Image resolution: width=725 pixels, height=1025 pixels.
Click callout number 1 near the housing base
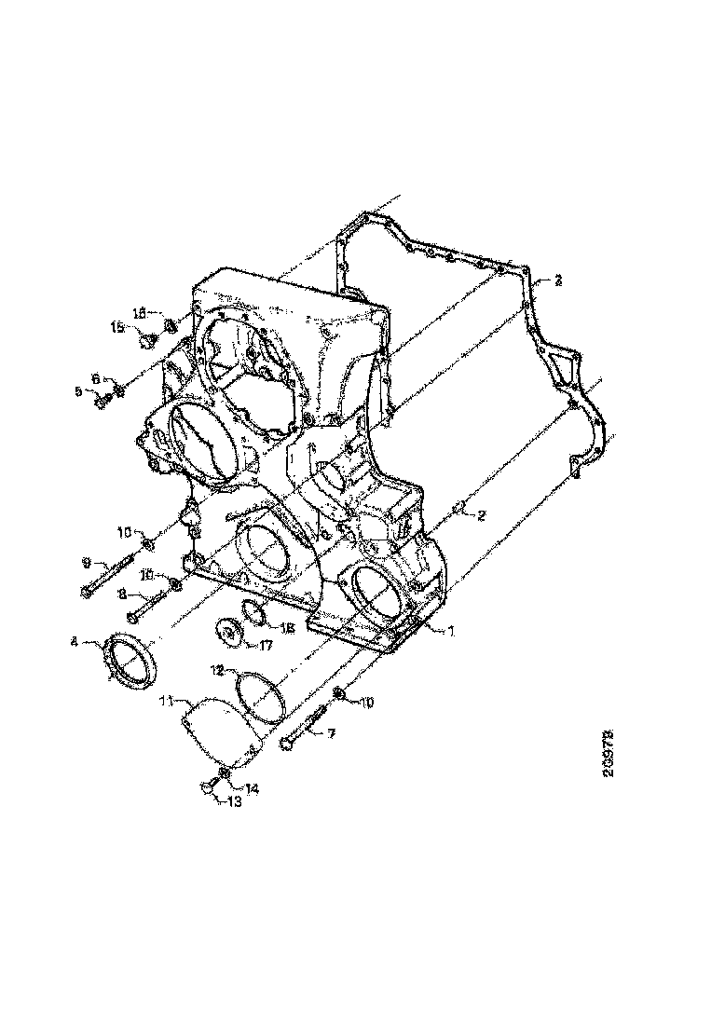pos(449,631)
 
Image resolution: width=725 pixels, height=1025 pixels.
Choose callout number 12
pos(216,670)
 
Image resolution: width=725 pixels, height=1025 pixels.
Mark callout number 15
pos(118,327)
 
